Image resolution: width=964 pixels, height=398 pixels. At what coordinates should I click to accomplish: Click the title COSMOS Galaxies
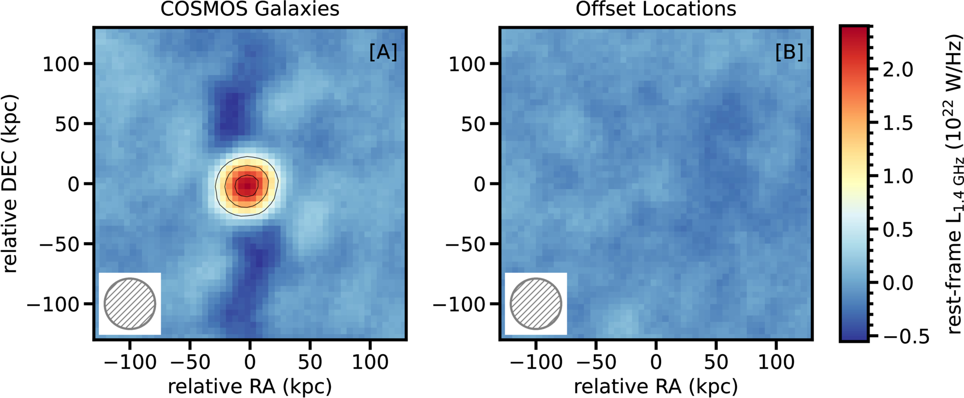click(250, 9)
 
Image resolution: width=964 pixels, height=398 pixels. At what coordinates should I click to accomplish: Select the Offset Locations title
click(656, 9)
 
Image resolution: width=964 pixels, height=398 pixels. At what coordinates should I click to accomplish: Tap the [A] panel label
click(383, 52)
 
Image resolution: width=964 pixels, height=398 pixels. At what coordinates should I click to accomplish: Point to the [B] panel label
click(789, 52)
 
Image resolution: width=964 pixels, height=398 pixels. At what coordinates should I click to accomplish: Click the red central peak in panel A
click(247, 185)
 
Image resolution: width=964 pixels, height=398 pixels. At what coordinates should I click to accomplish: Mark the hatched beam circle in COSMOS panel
click(130, 303)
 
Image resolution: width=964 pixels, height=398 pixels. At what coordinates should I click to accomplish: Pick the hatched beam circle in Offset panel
click(536, 303)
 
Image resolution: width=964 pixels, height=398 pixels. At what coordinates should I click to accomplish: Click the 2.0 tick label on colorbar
click(898, 69)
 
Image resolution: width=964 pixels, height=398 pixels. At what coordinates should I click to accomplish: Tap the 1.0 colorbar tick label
click(898, 176)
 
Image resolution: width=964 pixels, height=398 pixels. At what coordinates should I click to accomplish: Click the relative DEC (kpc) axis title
click(10, 183)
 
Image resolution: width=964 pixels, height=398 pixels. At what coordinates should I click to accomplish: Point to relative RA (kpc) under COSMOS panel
click(250, 387)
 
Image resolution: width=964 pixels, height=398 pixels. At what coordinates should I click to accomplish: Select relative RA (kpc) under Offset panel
click(656, 387)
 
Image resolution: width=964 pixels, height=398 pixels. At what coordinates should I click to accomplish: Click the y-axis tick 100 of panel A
click(60, 64)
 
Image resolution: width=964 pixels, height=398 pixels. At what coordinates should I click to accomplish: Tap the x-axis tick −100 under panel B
click(536, 362)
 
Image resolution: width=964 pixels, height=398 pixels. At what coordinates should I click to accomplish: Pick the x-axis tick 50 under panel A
click(310, 362)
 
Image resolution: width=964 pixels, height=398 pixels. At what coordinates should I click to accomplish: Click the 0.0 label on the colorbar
click(898, 283)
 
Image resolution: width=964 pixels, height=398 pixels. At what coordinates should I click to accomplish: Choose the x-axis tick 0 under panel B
click(656, 362)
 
